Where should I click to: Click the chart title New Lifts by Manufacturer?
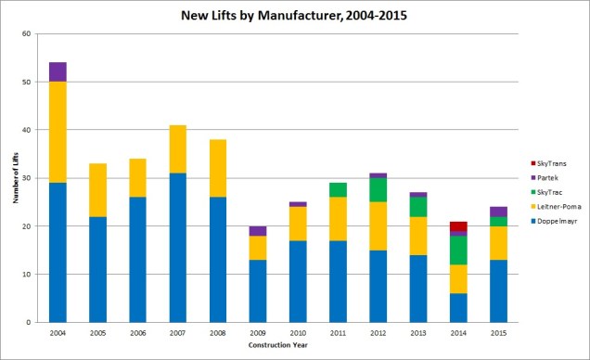click(294, 16)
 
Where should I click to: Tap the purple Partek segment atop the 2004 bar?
click(58, 71)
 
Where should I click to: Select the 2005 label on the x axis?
click(97, 332)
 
